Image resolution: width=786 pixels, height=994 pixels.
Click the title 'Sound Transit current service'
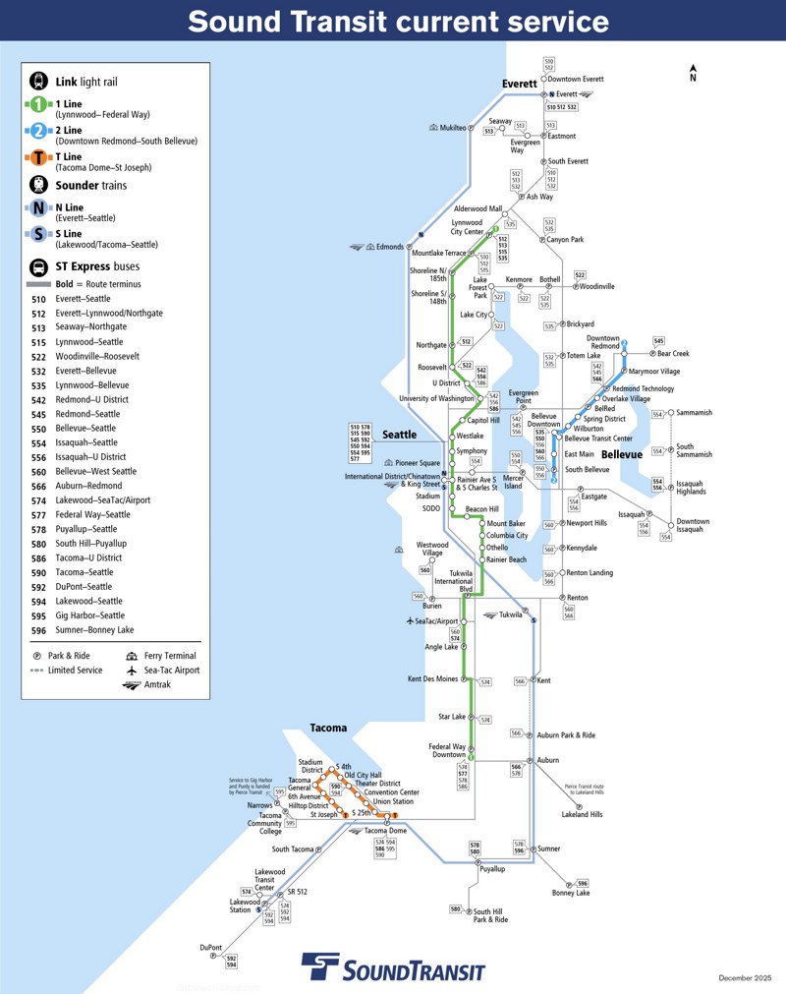398,22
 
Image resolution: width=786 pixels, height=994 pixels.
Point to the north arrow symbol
693,73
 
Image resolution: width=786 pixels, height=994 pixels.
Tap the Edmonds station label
389,247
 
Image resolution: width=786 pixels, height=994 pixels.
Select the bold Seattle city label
399,435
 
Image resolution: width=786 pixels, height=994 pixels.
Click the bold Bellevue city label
621,455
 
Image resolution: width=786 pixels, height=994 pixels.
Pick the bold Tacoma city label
328,729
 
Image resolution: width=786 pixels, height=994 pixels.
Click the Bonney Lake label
570,893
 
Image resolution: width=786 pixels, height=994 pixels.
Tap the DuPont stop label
210,948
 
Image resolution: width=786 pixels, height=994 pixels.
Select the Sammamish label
694,413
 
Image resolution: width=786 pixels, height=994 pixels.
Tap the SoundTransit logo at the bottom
393,969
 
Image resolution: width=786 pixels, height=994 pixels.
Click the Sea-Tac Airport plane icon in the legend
131,670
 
